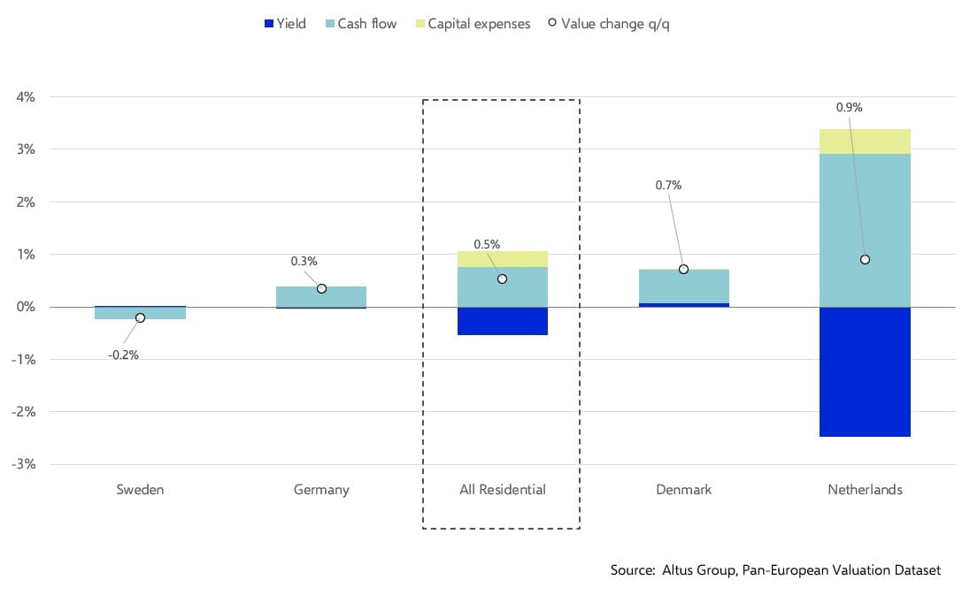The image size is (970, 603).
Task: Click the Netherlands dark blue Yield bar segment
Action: (865, 371)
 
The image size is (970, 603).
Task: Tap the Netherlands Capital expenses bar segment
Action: (865, 141)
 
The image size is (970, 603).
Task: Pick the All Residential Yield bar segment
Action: (502, 321)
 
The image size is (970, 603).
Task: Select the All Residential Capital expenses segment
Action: (502, 258)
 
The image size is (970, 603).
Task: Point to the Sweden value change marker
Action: (140, 317)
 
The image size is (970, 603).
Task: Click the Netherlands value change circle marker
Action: (865, 259)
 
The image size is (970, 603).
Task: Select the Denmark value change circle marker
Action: (683, 269)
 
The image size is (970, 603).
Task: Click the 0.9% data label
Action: (849, 107)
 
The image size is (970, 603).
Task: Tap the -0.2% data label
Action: (123, 355)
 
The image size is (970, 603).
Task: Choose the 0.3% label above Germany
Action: (304, 261)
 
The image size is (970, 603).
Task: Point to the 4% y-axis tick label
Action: (25, 97)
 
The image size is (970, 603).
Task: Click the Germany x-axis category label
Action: (321, 489)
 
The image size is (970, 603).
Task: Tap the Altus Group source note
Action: (775, 570)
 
